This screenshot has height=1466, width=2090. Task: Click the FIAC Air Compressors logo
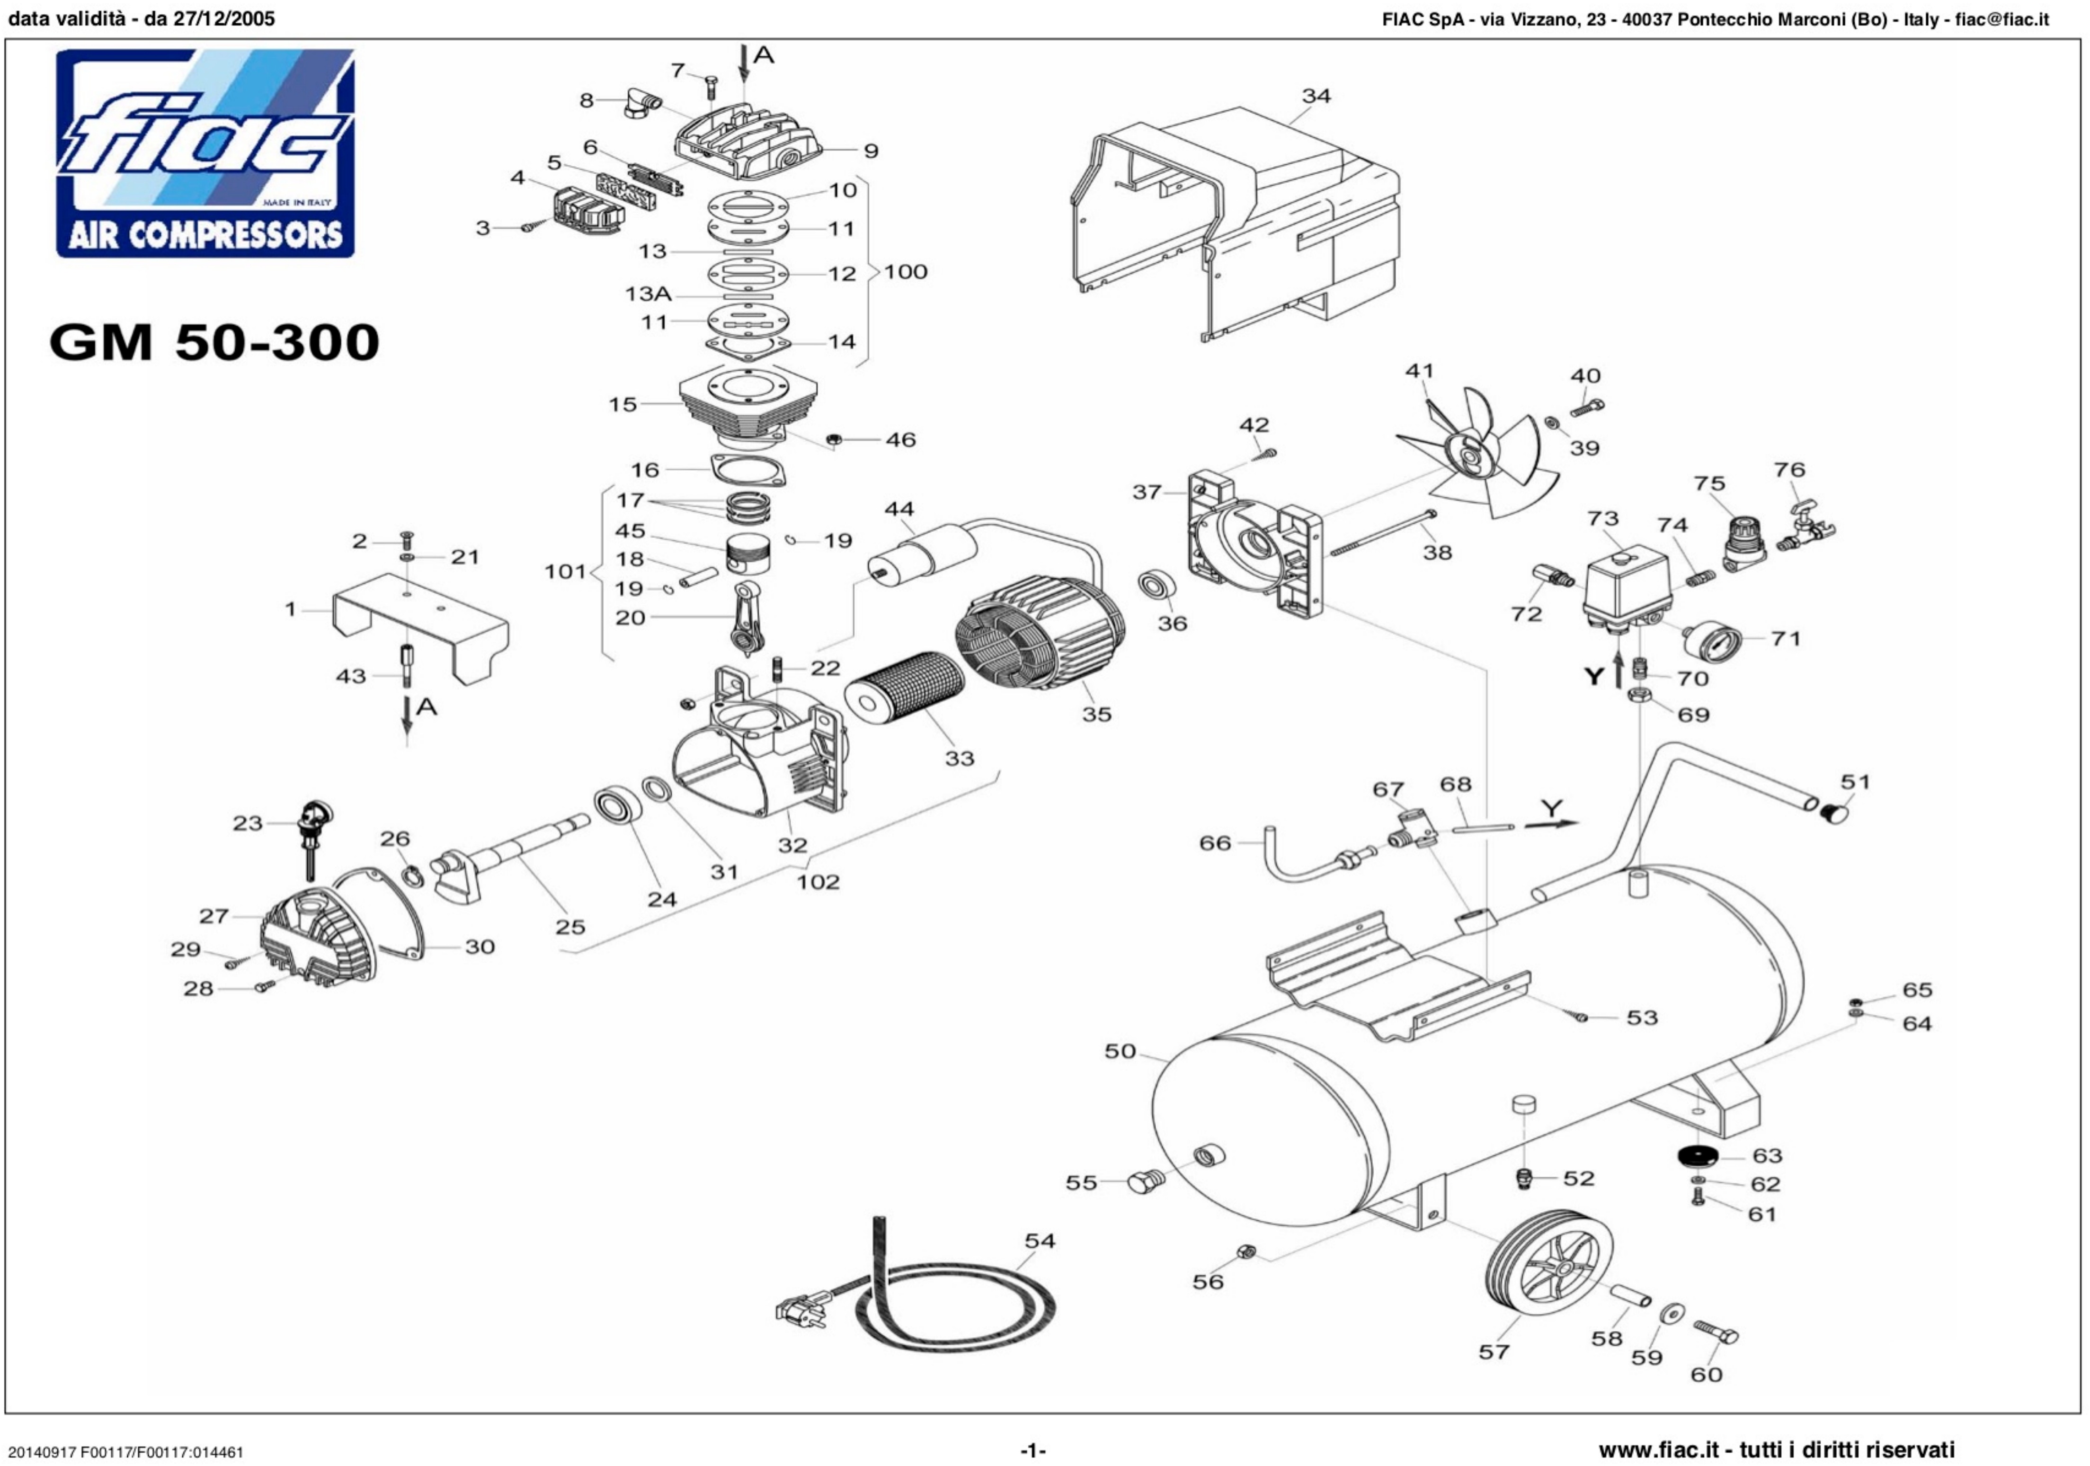coord(205,153)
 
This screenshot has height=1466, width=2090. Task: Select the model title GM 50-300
coord(214,342)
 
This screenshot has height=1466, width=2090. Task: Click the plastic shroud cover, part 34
coord(1238,219)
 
